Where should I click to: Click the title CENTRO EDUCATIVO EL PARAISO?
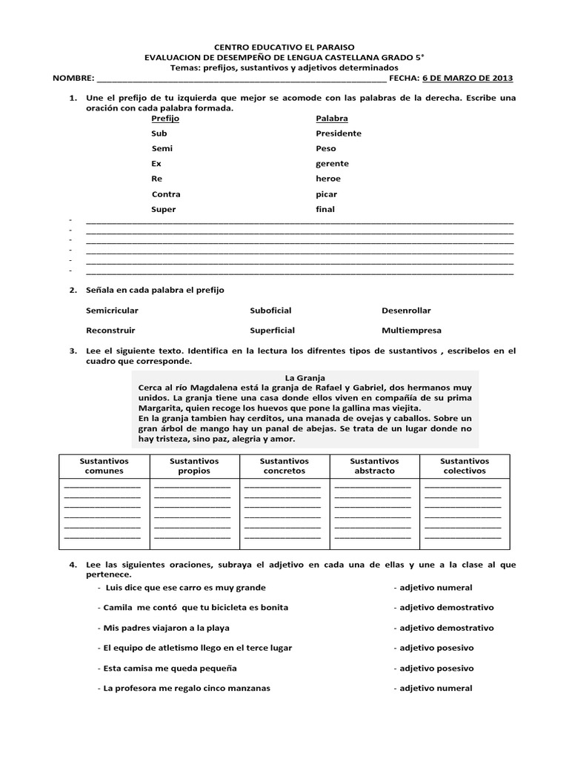click(285, 47)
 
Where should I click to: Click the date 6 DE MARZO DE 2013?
click(467, 77)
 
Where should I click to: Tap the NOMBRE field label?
click(73, 77)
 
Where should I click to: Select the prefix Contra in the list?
click(166, 194)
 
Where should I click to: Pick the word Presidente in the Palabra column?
click(338, 133)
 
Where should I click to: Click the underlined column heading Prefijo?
click(165, 118)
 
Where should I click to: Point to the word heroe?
click(328, 179)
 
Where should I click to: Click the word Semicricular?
click(112, 310)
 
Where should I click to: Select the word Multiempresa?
click(411, 330)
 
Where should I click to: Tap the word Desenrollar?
click(406, 310)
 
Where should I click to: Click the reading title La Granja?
click(305, 377)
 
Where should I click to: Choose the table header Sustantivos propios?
click(194, 465)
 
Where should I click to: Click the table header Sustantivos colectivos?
click(465, 465)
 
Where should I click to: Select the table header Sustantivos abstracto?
click(374, 465)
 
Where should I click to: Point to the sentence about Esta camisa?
click(170, 668)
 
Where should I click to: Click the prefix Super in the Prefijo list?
click(164, 209)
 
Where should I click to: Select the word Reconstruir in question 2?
click(110, 330)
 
